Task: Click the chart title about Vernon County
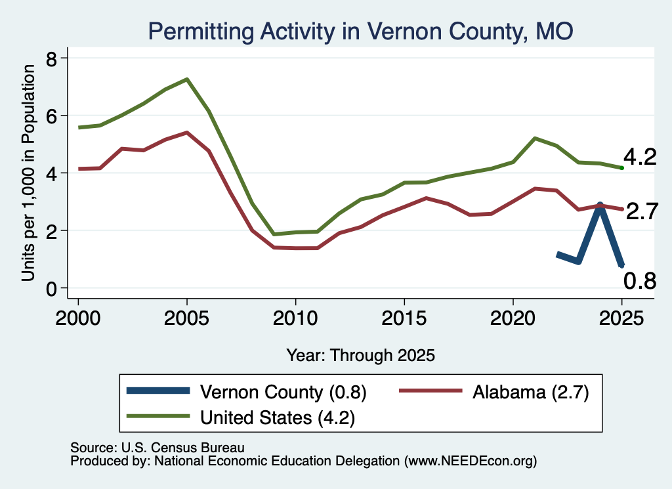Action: (x=360, y=32)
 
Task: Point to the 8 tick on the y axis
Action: (x=51, y=58)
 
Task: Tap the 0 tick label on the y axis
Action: (x=51, y=289)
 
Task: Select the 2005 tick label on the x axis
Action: (x=186, y=318)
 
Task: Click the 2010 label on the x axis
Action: (x=295, y=318)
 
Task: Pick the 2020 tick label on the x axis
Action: (x=513, y=318)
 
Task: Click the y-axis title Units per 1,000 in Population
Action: (x=28, y=173)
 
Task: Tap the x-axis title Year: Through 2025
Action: (x=360, y=355)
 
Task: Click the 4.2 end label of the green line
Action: (x=640, y=158)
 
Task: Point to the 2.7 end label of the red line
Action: (x=642, y=212)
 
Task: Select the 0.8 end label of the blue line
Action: (x=640, y=281)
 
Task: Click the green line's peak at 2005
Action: (x=187, y=79)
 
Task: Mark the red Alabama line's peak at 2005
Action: (x=187, y=133)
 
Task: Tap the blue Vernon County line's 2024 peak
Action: (x=600, y=205)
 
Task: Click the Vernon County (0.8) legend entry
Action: (x=247, y=391)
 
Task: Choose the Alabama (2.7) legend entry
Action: (x=494, y=391)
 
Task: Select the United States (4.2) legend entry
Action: (x=241, y=417)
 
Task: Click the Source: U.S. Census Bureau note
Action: (x=157, y=448)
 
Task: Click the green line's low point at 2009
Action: (x=274, y=234)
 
